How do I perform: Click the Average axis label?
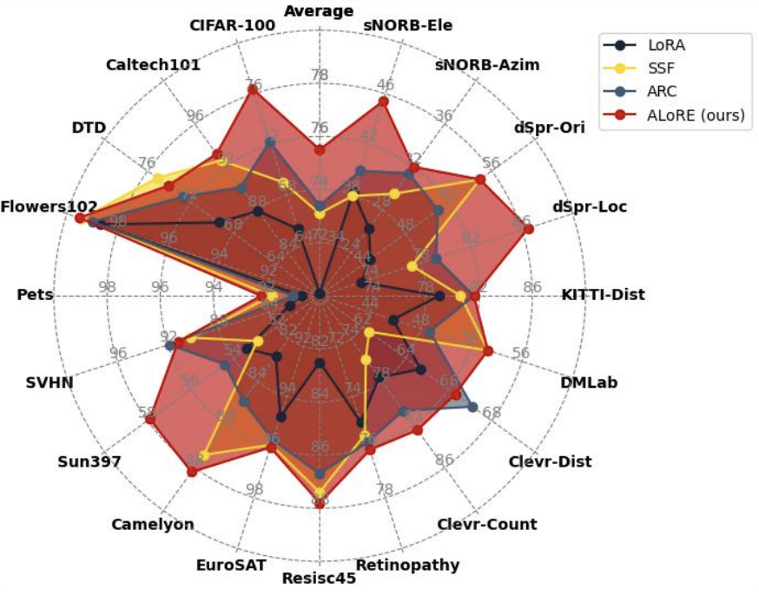pos(320,10)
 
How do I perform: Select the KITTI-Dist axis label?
pos(603,295)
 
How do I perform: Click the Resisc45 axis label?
pos(320,579)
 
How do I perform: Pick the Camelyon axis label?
pos(153,525)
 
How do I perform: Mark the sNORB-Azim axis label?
pos(487,65)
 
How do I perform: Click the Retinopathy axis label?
pos(407,566)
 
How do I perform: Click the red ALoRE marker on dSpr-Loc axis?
pos(529,228)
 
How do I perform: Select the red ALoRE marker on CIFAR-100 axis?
pos(253,89)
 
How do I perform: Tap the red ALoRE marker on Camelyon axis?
pos(192,471)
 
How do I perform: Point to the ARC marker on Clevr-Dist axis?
pos(472,406)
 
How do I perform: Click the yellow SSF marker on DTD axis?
pos(158,179)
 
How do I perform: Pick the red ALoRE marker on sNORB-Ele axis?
pos(383,101)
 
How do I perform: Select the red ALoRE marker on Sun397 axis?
pos(150,420)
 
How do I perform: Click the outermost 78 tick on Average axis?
pos(320,75)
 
